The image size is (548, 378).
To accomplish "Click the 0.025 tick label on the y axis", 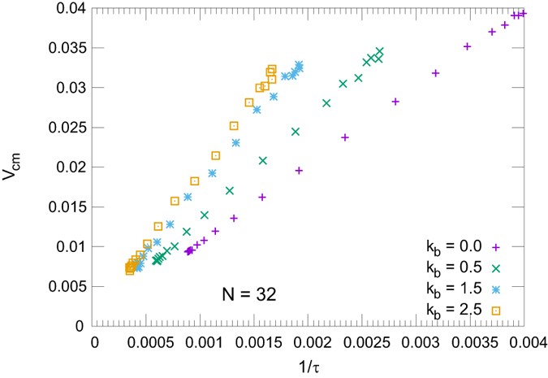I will tap(65, 128).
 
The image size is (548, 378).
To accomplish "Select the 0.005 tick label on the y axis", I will tap(65, 286).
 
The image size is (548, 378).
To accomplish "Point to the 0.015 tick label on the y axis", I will tap(65, 207).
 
